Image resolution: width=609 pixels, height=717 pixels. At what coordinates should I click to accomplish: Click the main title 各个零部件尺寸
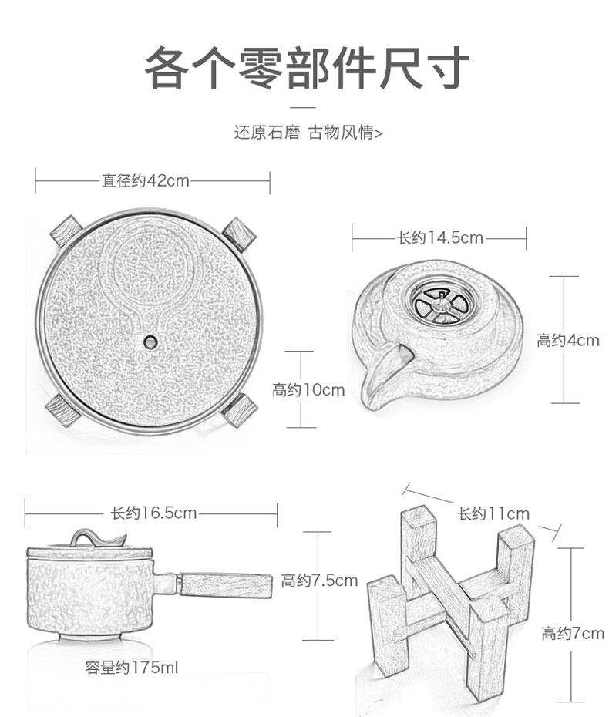click(307, 68)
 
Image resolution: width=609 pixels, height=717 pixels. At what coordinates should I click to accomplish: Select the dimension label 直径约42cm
click(145, 180)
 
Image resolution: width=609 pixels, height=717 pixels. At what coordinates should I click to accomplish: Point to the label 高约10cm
click(308, 390)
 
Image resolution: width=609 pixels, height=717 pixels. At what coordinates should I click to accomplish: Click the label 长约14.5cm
click(440, 237)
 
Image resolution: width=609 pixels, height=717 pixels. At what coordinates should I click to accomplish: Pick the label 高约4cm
click(568, 340)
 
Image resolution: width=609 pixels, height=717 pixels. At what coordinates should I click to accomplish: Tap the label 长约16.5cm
click(153, 513)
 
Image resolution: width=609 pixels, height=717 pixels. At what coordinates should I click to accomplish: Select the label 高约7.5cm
click(319, 581)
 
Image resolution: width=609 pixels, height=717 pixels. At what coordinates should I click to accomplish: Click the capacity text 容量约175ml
click(132, 668)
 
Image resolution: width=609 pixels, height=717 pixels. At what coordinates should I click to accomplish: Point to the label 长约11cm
click(493, 514)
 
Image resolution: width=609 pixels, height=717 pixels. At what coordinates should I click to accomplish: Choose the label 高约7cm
click(573, 633)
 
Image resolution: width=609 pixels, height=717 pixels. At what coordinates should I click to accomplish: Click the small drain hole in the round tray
click(150, 341)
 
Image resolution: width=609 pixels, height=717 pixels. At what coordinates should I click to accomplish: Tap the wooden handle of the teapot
click(226, 585)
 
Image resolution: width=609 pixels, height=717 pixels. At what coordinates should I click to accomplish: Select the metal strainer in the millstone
click(440, 304)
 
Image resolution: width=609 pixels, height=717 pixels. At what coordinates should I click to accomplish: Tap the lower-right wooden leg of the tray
click(238, 411)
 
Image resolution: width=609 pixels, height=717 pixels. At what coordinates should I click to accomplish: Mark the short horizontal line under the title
click(303, 108)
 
